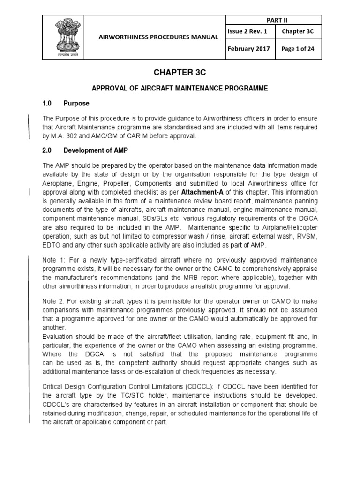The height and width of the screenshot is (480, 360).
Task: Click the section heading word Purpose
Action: tap(77, 103)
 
